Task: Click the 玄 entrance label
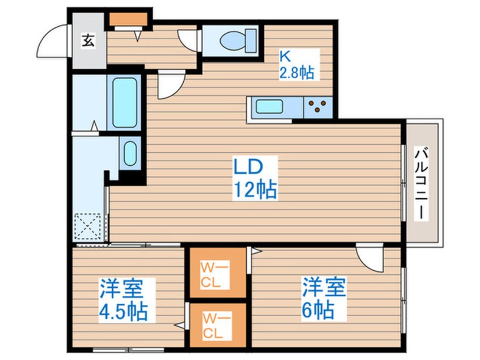point(88,40)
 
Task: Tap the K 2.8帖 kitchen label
point(296,65)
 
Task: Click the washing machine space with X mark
point(89,227)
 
